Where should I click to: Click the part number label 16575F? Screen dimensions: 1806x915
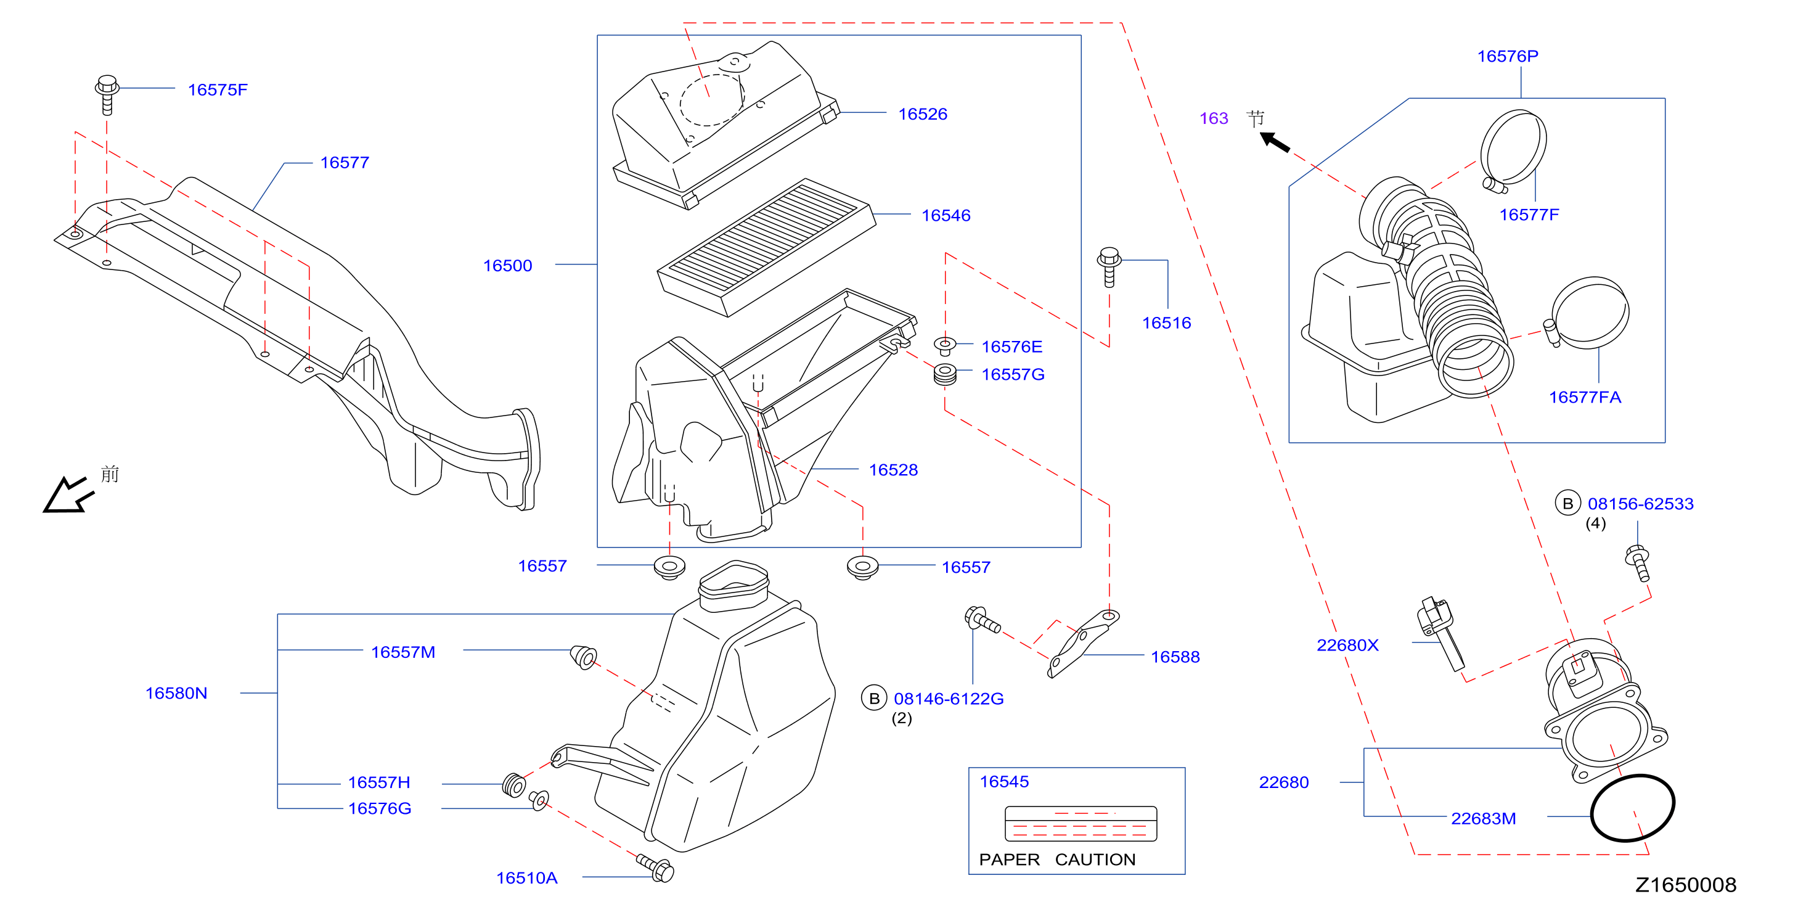coord(218,90)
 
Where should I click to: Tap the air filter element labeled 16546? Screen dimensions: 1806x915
coord(766,247)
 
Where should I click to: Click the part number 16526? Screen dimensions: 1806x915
coord(922,114)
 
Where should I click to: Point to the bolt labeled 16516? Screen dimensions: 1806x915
coord(1108,266)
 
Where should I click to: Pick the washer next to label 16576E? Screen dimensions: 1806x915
coord(944,346)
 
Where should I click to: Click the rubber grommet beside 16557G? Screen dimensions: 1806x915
coord(945,374)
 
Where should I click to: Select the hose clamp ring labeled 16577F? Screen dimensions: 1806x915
coord(1513,150)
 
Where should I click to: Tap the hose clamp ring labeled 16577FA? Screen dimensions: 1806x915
coord(1587,313)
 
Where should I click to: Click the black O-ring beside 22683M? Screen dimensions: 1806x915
coord(1633,807)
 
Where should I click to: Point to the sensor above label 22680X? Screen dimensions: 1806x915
coord(1440,634)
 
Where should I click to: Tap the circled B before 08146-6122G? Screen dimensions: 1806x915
coord(873,699)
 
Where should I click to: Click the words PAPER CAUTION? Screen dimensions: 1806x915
coord(1057,860)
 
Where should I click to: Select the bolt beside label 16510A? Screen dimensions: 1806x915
coord(655,868)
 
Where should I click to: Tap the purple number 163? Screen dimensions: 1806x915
coord(1214,118)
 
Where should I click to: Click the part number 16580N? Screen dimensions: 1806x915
coord(176,694)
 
